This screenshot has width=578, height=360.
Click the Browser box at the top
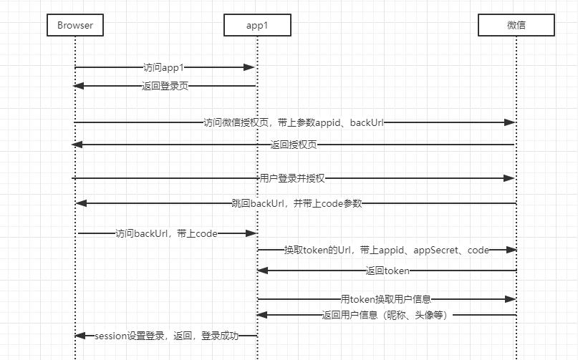[75, 26]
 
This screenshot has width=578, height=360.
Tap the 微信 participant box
[516, 26]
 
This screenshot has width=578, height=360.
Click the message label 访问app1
[164, 67]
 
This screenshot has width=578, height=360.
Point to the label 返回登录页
[165, 86]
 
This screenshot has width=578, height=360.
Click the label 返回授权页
[294, 145]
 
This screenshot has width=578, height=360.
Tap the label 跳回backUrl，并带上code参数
[297, 203]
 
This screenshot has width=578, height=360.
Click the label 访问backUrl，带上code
[166, 233]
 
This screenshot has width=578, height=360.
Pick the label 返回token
[387, 271]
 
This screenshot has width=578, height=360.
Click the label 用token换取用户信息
[386, 298]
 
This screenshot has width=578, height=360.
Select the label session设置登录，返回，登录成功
[166, 336]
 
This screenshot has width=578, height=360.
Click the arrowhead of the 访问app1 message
[249, 67]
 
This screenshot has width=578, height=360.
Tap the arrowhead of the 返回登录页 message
[80, 86]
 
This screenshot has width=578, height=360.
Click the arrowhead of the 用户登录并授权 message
[509, 177]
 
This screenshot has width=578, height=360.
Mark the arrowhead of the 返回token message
[263, 271]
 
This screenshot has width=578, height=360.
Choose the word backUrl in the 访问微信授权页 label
[367, 122]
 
